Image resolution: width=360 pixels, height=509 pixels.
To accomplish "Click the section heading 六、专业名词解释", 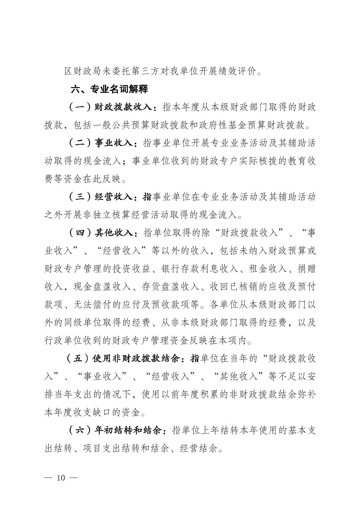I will (x=109, y=89).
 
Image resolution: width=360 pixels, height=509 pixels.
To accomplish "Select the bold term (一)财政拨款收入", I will (x=112, y=107).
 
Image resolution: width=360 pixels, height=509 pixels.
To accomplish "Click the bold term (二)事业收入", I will (x=102, y=144).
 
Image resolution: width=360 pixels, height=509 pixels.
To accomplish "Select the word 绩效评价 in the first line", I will (x=237, y=71).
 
